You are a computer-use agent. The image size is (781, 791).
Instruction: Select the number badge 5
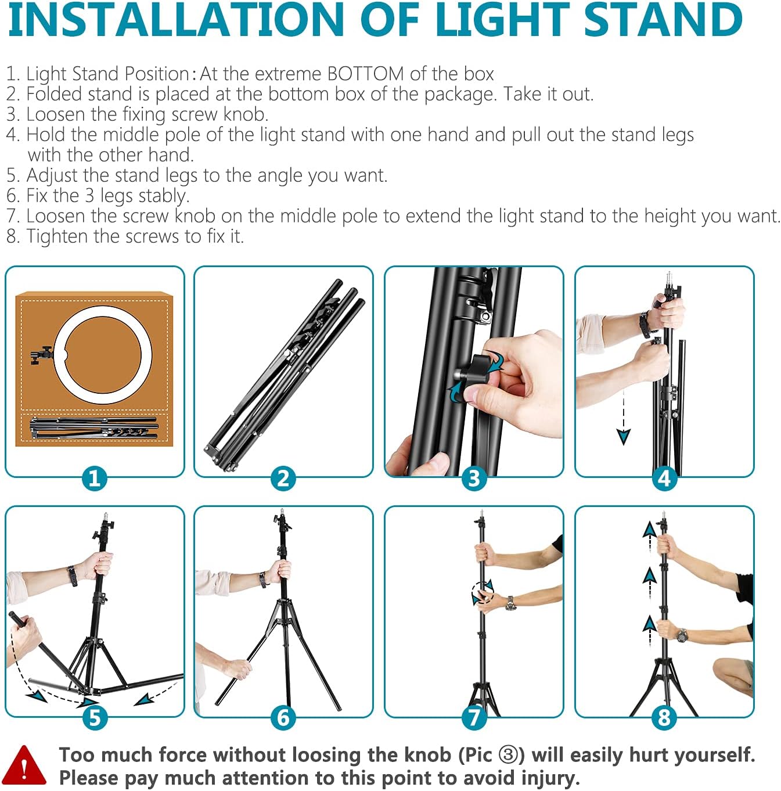(95, 717)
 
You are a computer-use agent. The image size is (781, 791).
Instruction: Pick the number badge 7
(474, 717)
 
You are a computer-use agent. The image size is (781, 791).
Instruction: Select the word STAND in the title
(663, 20)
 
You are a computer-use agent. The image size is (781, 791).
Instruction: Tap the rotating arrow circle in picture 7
(483, 592)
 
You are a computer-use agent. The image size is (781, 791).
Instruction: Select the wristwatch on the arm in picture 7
(510, 603)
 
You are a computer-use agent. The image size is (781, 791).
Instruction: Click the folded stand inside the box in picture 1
(93, 428)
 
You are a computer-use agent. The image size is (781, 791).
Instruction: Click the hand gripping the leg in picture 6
(237, 668)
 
